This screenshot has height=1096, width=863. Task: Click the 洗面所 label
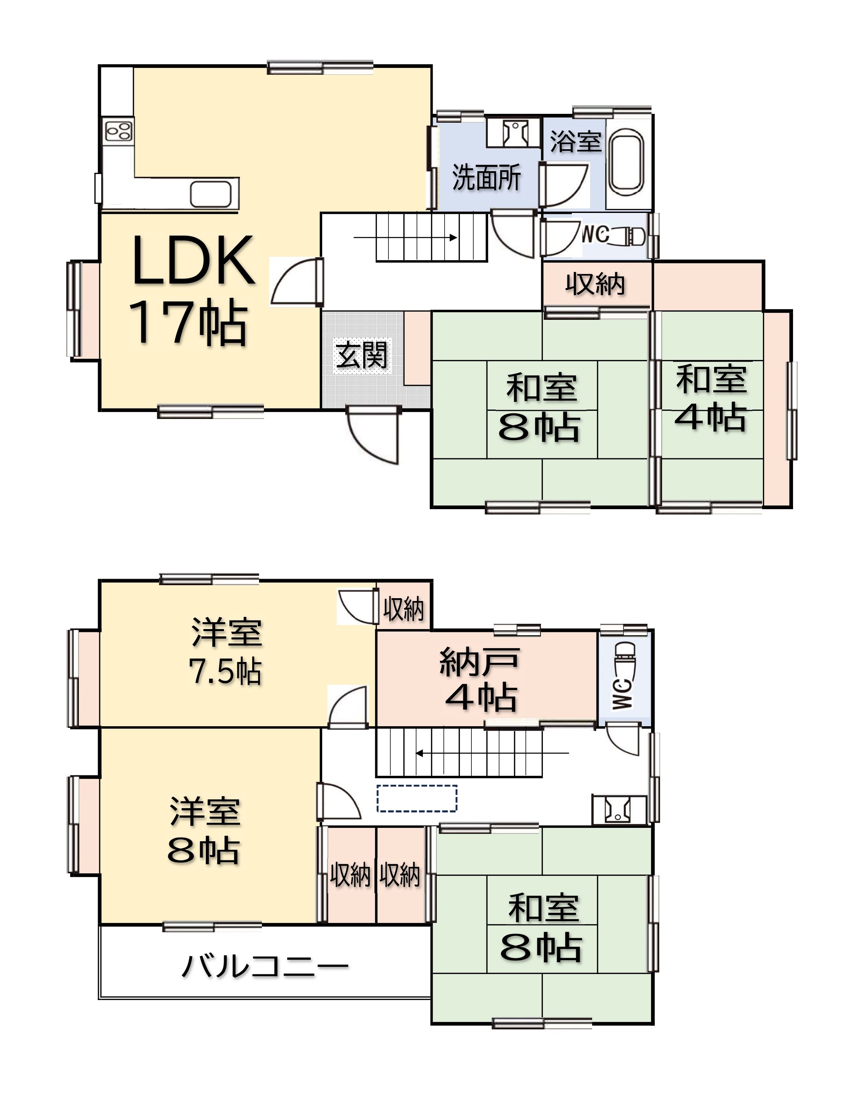(x=486, y=177)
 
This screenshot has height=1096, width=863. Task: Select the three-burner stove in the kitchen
(x=119, y=131)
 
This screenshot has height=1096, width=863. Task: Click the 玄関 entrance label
(x=362, y=354)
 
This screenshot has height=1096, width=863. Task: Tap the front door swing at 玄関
(x=374, y=435)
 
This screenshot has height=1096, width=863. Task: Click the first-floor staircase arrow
(x=406, y=237)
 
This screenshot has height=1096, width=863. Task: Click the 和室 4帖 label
(x=711, y=399)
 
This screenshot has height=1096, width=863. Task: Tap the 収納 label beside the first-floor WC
(x=595, y=284)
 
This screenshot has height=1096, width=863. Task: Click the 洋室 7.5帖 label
(x=226, y=652)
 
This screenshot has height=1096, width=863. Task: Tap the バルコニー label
(x=265, y=967)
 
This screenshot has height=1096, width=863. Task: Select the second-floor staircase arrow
(x=493, y=753)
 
